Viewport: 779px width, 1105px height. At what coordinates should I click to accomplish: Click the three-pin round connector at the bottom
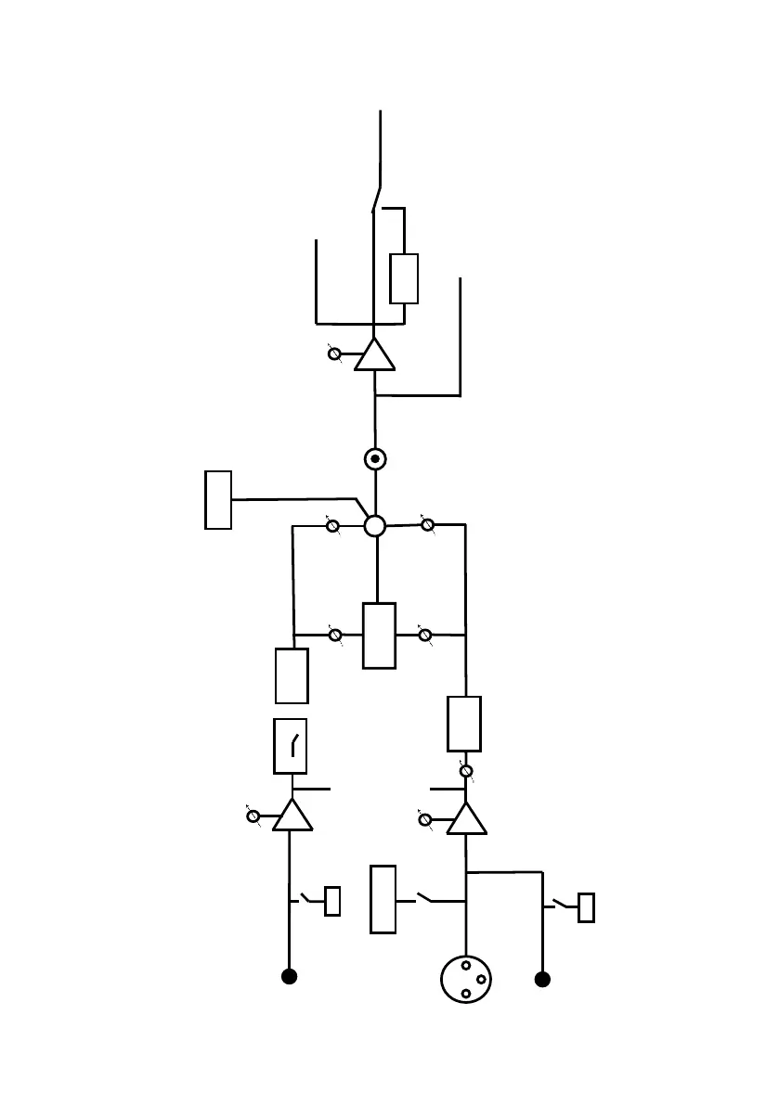(465, 979)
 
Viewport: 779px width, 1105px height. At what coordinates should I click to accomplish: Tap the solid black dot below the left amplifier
(289, 976)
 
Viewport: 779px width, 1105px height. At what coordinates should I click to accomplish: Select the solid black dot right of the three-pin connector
(542, 979)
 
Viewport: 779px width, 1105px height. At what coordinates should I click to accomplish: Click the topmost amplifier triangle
(374, 355)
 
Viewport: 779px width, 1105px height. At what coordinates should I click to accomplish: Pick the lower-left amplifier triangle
(292, 816)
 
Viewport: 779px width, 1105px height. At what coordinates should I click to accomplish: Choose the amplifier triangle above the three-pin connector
(466, 819)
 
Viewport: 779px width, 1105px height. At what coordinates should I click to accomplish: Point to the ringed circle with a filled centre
(374, 459)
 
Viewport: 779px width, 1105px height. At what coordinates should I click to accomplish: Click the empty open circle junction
(374, 526)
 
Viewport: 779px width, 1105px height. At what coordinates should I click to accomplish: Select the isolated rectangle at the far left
(218, 500)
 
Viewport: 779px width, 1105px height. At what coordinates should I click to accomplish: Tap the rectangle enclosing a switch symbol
(291, 746)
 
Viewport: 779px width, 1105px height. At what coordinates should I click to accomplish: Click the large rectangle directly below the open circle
(379, 636)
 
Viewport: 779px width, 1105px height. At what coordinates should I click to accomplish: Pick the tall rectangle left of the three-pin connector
(383, 899)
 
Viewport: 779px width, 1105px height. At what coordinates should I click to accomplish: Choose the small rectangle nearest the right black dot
(586, 907)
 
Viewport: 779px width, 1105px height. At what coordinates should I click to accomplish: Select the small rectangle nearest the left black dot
(332, 902)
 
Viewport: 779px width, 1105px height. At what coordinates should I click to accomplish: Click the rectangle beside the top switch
(404, 278)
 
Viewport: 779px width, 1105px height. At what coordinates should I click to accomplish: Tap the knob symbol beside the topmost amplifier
(334, 353)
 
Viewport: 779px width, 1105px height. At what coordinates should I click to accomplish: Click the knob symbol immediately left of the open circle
(332, 526)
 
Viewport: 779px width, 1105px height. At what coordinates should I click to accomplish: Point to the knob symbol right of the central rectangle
(425, 636)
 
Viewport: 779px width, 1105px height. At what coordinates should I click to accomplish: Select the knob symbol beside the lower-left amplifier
(253, 816)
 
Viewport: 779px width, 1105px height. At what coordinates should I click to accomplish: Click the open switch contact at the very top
(376, 199)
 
